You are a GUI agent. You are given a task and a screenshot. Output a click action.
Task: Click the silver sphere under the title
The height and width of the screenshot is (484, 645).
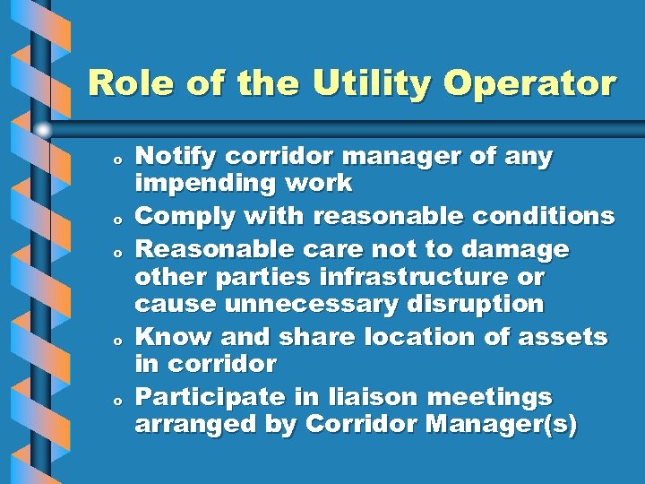44,130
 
